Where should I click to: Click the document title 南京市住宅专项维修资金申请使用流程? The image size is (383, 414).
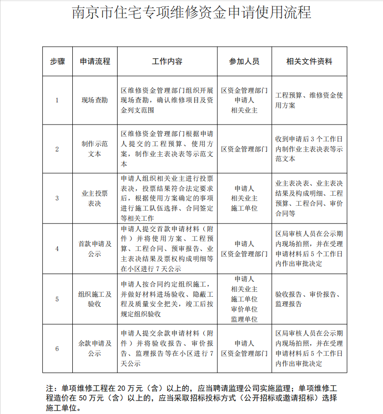[191, 12]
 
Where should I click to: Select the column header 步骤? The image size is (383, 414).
[57, 62]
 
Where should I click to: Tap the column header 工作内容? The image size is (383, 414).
[167, 62]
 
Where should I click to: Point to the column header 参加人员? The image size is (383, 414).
[244, 62]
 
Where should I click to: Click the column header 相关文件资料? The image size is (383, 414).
[309, 62]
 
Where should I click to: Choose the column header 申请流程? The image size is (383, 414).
[95, 62]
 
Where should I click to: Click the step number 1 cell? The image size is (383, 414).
[57, 100]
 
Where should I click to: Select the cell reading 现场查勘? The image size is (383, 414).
[95, 100]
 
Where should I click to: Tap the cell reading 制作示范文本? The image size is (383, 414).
[95, 149]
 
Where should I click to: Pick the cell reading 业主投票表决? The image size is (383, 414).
[95, 198]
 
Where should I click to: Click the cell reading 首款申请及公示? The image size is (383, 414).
[95, 249]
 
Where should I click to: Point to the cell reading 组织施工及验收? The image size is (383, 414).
[95, 299]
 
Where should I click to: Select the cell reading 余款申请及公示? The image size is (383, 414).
[95, 349]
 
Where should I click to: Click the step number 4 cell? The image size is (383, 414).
[57, 249]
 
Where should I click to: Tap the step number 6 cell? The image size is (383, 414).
[57, 349]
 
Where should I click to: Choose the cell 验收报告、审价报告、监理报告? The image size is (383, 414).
[309, 299]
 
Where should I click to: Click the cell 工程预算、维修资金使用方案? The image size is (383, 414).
[309, 100]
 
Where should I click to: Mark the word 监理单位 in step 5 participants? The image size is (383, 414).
[244, 319]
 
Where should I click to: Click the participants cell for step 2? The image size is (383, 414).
[244, 149]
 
